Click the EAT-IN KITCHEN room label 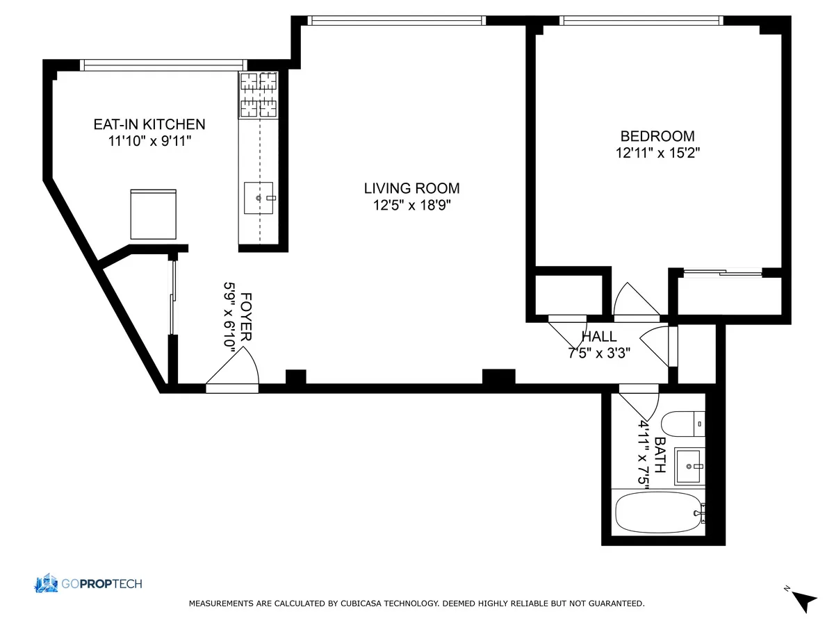click(x=149, y=124)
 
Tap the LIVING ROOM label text click(x=411, y=188)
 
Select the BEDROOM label click(x=657, y=136)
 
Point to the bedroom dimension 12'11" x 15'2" click(x=657, y=153)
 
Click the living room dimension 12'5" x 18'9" click(x=411, y=205)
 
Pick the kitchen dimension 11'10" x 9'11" click(x=149, y=141)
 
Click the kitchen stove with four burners click(x=259, y=94)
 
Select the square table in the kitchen click(x=153, y=214)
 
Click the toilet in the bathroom click(x=682, y=422)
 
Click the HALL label click(x=599, y=337)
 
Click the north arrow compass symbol click(x=805, y=599)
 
